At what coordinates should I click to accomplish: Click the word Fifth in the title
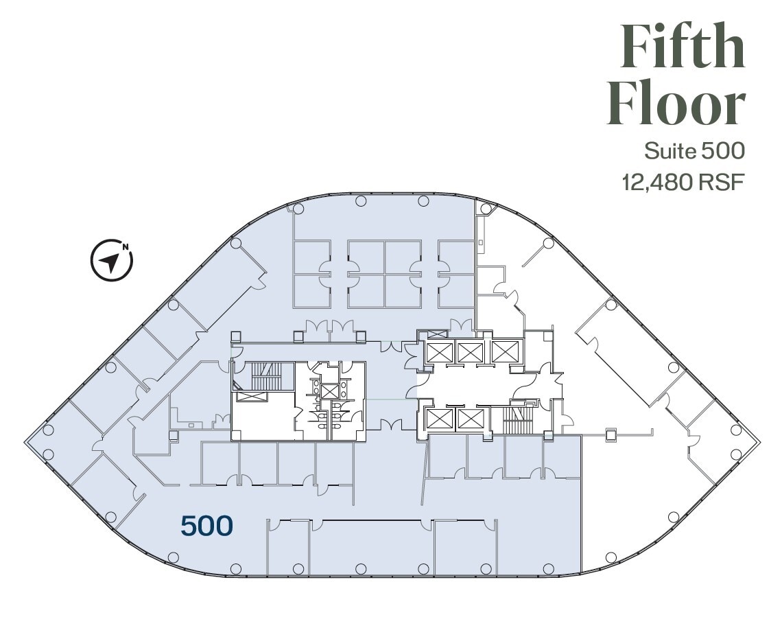click(x=683, y=46)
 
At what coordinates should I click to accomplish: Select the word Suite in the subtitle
click(x=668, y=150)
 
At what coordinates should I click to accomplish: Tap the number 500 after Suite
click(x=722, y=150)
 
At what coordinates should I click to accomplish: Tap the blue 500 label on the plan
click(x=206, y=526)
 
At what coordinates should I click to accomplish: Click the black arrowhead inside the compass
click(x=108, y=262)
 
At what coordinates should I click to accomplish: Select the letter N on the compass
click(x=125, y=246)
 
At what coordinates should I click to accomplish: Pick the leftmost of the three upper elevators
click(x=438, y=352)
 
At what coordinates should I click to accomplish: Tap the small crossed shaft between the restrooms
click(x=330, y=391)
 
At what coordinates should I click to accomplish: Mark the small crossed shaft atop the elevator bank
click(x=438, y=334)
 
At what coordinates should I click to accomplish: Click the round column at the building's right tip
click(x=736, y=430)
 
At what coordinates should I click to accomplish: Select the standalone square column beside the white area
click(x=610, y=433)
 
